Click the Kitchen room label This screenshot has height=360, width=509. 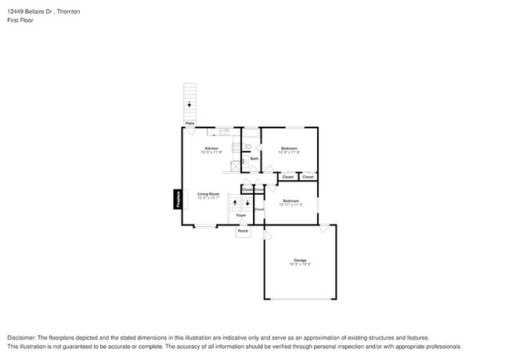pyautogui.click(x=211, y=148)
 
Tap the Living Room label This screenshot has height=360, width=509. pyautogui.click(x=208, y=193)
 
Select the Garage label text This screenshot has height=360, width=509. pyautogui.click(x=300, y=260)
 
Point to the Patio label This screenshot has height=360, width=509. pyautogui.click(x=190, y=123)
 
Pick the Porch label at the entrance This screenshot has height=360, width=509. pyautogui.click(x=243, y=232)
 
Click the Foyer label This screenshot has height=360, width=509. pyautogui.click(x=241, y=214)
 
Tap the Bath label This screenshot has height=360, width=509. pyautogui.click(x=254, y=159)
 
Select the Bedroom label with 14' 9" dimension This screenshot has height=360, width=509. pyautogui.click(x=290, y=148)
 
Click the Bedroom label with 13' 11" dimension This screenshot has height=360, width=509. pyautogui.click(x=291, y=200)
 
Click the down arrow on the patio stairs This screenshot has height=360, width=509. pyautogui.click(x=189, y=103)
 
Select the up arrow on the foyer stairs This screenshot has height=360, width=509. pyautogui.click(x=235, y=203)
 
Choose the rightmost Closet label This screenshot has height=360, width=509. pyautogui.click(x=308, y=177)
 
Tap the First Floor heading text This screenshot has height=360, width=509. pyautogui.click(x=20, y=20)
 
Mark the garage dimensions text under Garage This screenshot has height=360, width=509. pyautogui.click(x=300, y=265)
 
